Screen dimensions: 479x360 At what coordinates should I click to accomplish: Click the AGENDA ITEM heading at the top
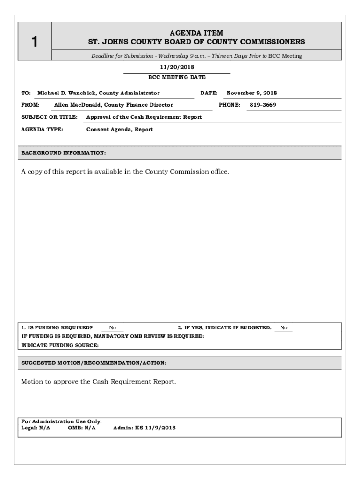tap(196, 33)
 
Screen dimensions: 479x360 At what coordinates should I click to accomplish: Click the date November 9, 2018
tap(252, 93)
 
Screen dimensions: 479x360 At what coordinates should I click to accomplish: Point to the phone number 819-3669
tap(263, 105)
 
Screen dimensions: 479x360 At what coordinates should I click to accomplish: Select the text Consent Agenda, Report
tap(120, 129)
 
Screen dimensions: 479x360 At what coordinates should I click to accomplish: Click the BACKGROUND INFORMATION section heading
tap(64, 153)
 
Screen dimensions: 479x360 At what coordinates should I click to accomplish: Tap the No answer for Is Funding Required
tap(113, 328)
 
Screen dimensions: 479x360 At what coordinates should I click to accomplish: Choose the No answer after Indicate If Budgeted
tap(284, 328)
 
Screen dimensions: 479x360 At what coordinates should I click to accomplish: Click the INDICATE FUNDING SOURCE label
tap(60, 345)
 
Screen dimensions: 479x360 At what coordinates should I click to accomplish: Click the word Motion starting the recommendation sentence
tap(32, 382)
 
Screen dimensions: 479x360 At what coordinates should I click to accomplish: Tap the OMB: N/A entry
tap(82, 428)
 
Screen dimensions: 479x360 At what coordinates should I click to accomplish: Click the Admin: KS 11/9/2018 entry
tap(144, 428)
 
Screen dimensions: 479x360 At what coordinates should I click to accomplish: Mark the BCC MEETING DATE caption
tap(177, 77)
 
